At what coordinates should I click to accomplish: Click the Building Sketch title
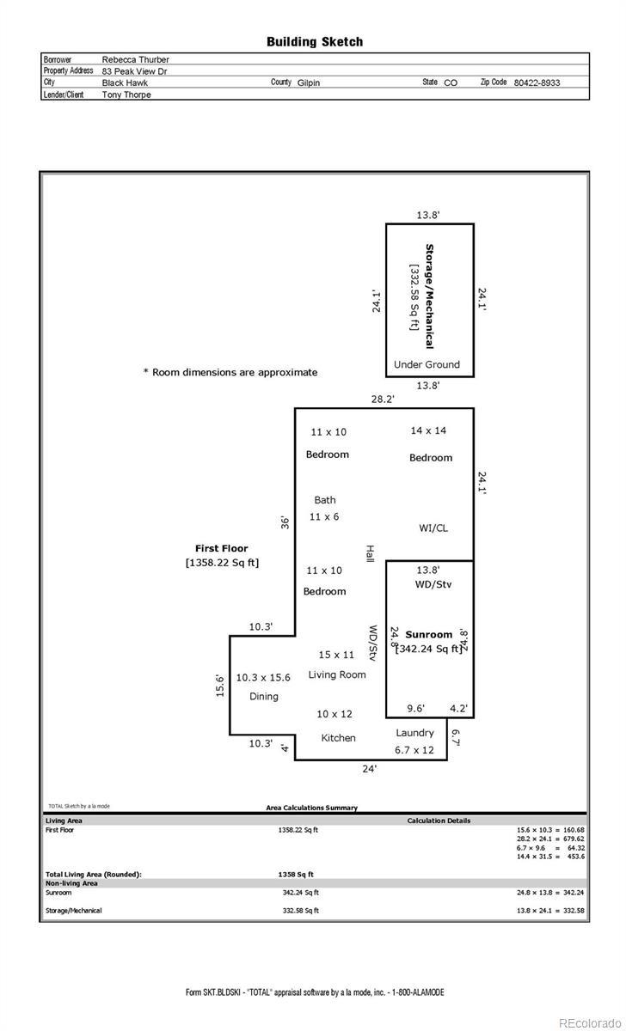(x=314, y=41)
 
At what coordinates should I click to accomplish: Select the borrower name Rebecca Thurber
(x=135, y=59)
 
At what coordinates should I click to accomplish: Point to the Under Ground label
(x=427, y=364)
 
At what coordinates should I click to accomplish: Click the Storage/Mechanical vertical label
(x=429, y=296)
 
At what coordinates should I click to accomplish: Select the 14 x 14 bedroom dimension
(x=428, y=430)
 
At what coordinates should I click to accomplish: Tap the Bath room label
(x=325, y=500)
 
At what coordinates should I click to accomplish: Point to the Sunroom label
(x=429, y=635)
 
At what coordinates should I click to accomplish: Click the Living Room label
(x=337, y=674)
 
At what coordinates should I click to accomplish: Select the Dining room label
(x=264, y=696)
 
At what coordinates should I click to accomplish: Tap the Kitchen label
(x=338, y=738)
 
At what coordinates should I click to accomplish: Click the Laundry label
(x=414, y=733)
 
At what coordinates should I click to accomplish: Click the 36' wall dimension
(x=285, y=522)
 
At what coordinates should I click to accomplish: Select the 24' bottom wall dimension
(x=369, y=770)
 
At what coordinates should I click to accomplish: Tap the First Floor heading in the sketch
(x=222, y=548)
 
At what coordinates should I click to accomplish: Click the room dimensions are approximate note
(x=230, y=372)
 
